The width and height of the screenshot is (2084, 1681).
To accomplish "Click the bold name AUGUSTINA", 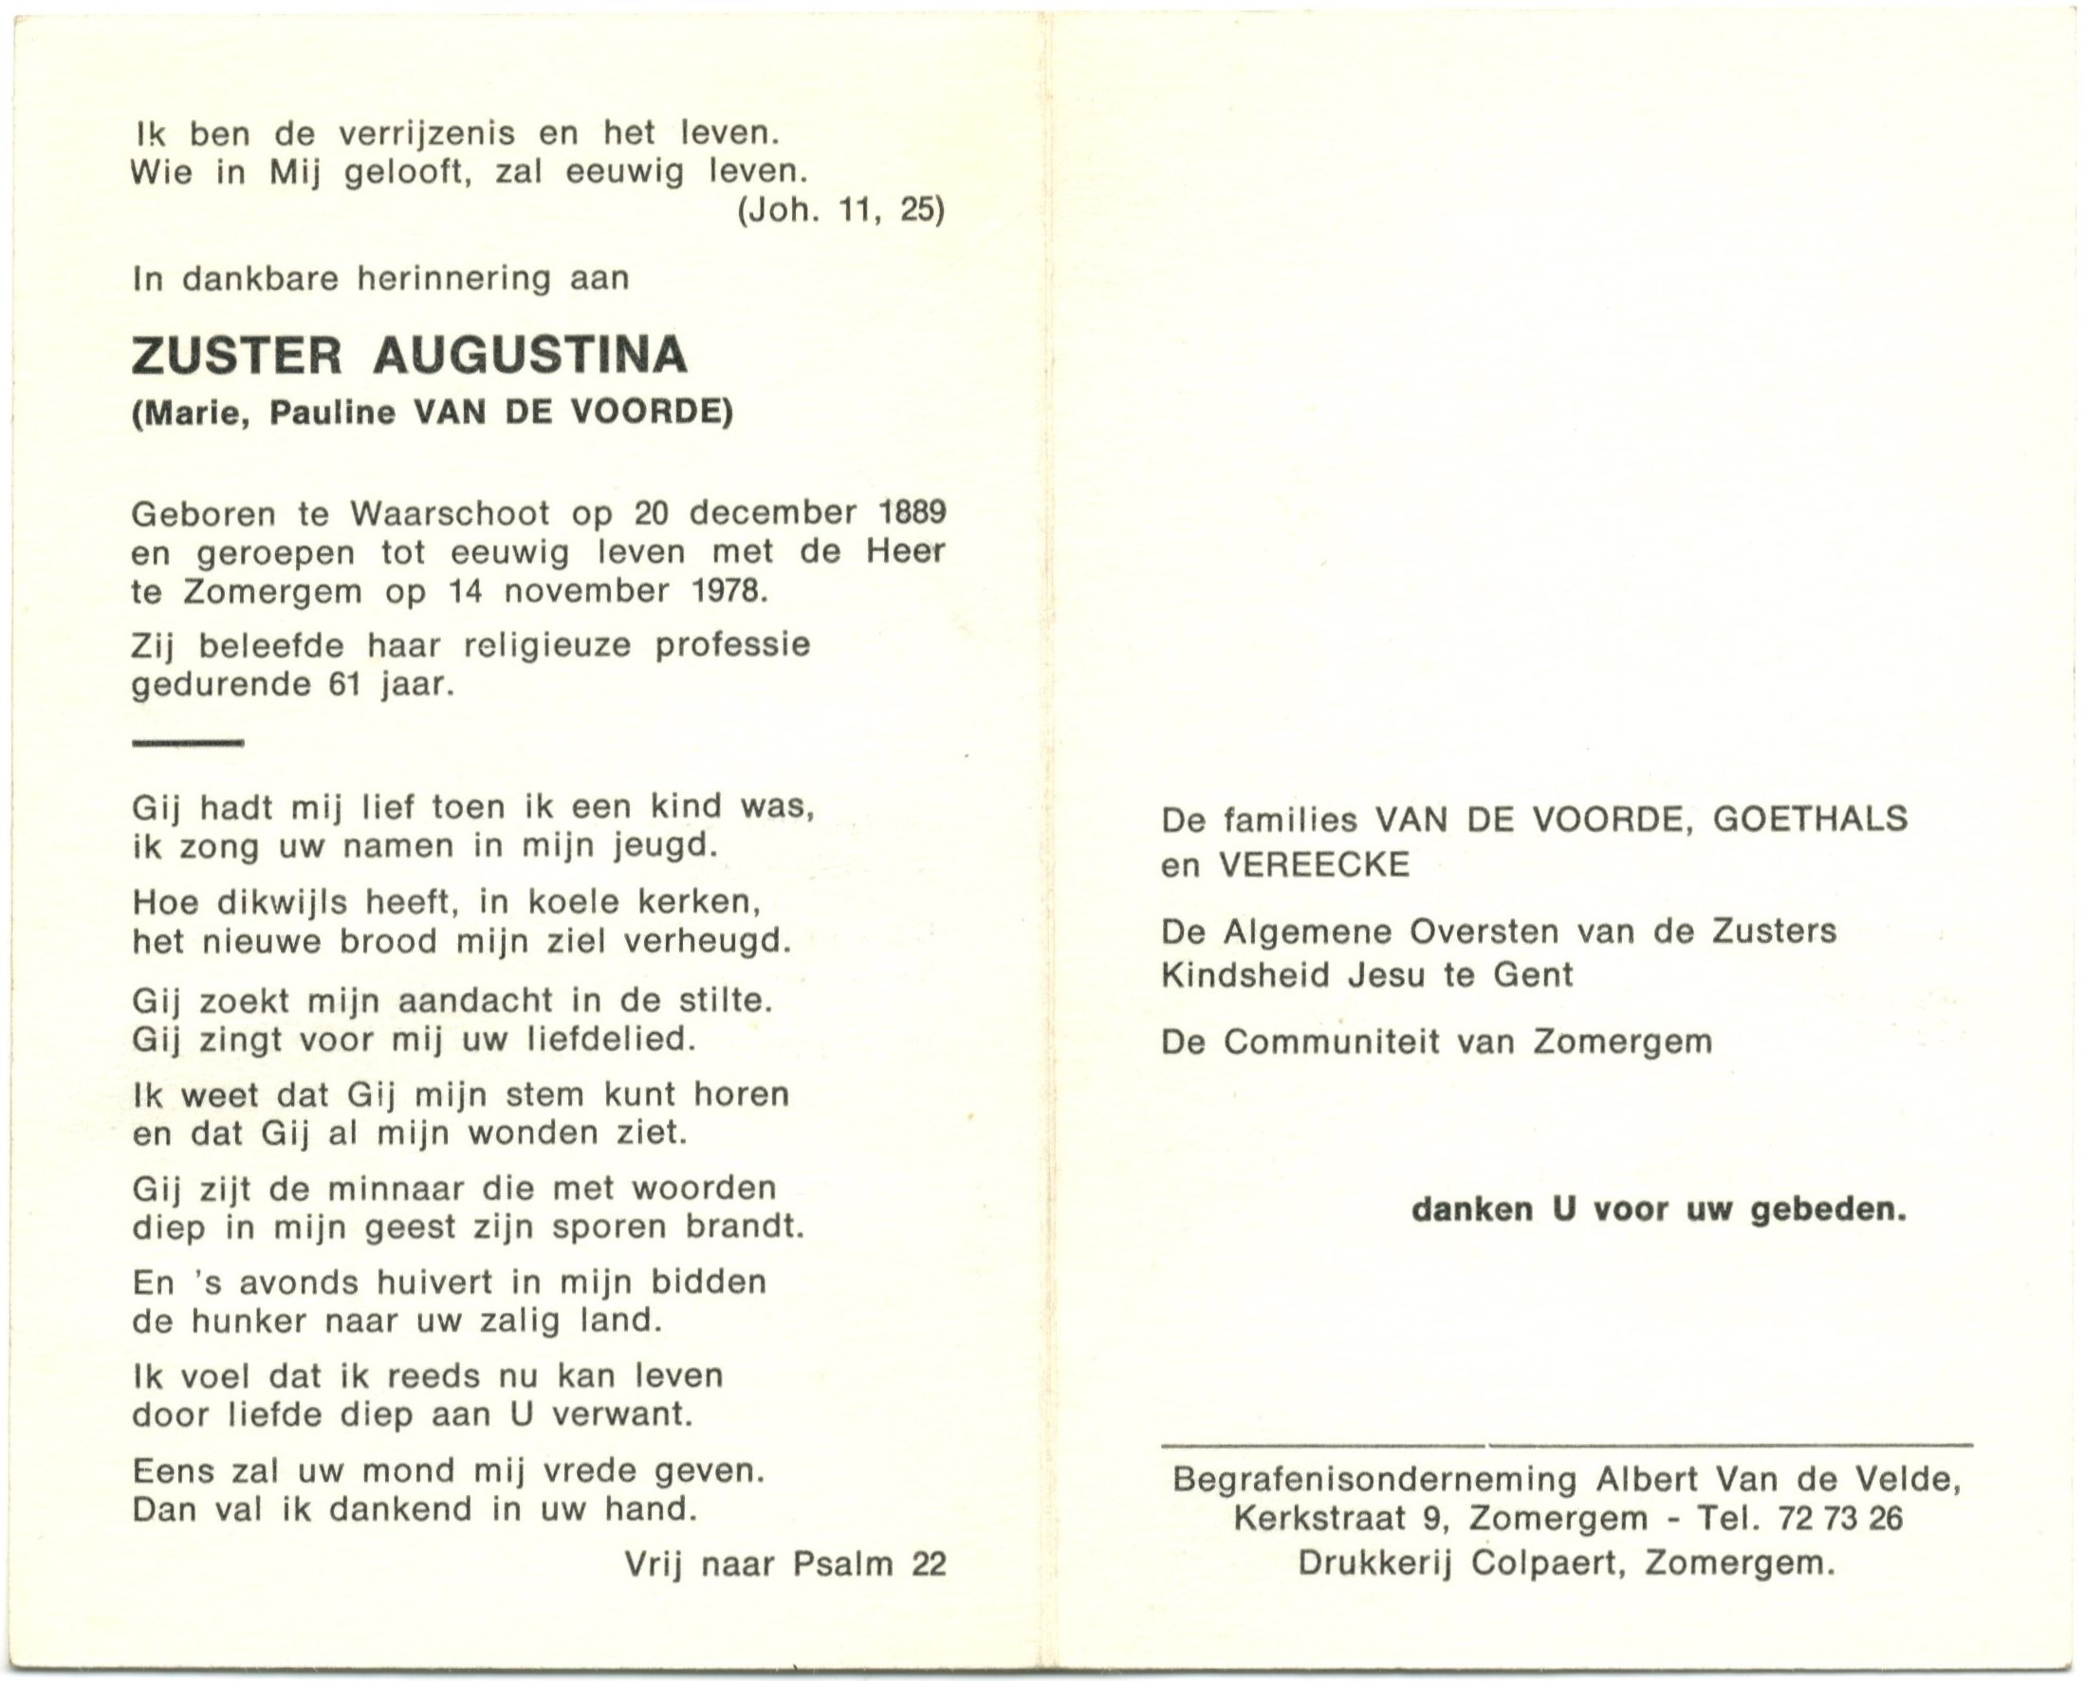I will tap(529, 356).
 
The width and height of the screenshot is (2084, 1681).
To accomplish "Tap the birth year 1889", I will tap(913, 512).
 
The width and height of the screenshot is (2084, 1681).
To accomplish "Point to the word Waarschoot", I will tap(450, 512).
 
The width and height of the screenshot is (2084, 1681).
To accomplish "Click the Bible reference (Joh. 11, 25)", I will tap(840, 212).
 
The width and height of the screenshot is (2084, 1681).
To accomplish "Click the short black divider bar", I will tap(187, 744).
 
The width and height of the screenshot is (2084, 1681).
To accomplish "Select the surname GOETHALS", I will tap(1810, 821).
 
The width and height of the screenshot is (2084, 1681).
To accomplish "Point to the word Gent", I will tap(1533, 975).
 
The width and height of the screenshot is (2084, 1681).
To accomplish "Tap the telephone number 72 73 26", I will tap(1841, 1519).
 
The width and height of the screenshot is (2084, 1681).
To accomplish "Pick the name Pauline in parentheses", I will tap(333, 414).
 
